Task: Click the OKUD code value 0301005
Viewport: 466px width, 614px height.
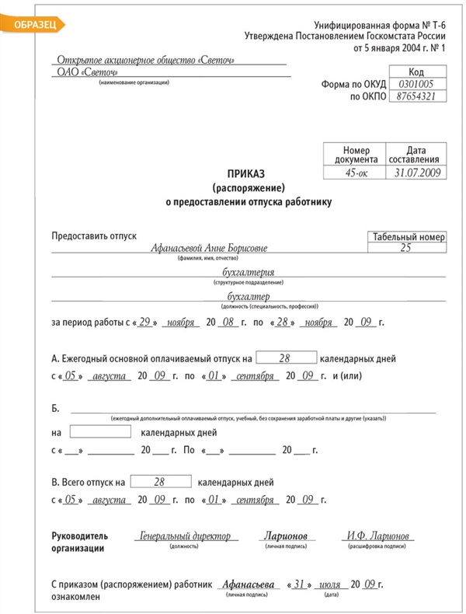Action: coord(415,84)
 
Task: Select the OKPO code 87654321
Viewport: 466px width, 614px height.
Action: coord(415,97)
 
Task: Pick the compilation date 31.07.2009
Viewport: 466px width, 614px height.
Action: coord(416,173)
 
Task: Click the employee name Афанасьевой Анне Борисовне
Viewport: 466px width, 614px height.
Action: coord(210,249)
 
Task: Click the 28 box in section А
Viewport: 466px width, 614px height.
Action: coord(285,358)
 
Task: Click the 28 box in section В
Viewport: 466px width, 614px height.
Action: coord(161,482)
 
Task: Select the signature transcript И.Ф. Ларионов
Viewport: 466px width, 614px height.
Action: coord(378,536)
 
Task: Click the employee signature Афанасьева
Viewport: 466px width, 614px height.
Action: coord(247,584)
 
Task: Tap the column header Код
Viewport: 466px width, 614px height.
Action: coord(416,72)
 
